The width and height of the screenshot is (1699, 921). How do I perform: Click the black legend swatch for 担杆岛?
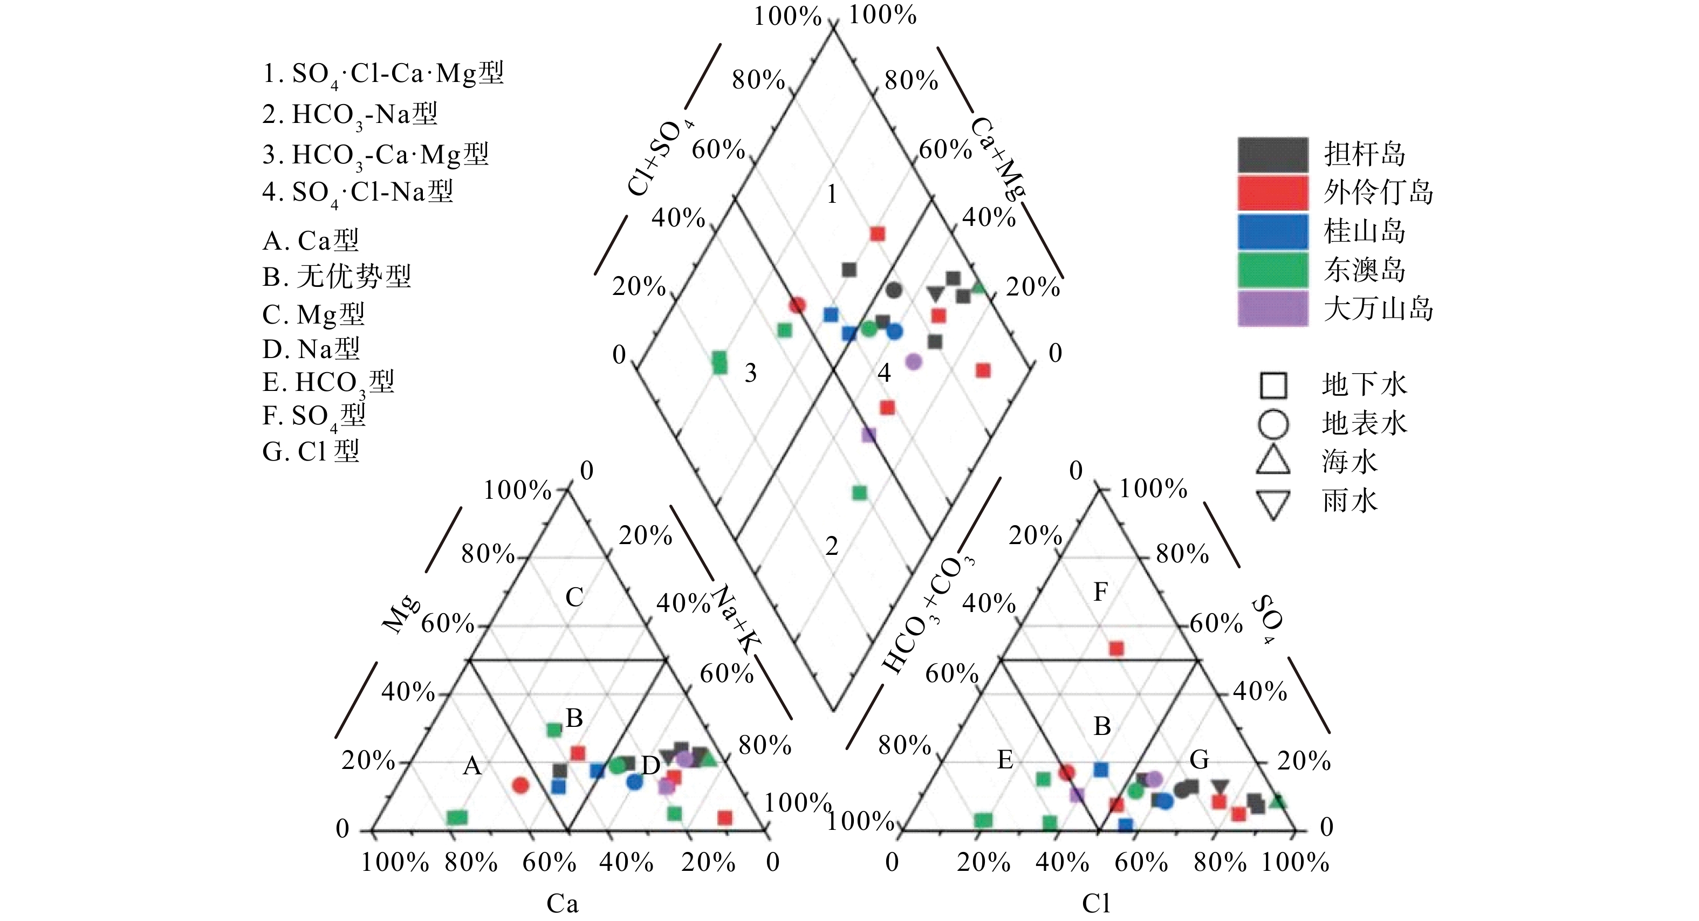coord(1272,155)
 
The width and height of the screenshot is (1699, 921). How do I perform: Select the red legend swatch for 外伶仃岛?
coord(1272,193)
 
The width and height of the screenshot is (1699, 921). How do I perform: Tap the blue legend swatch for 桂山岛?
coord(1272,231)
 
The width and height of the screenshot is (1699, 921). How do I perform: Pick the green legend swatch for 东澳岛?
coord(1272,270)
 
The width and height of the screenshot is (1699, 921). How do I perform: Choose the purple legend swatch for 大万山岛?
coord(1272,308)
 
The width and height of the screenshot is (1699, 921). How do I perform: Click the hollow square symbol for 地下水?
coord(1273,386)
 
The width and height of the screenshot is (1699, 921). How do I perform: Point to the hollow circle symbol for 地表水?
coord(1273,424)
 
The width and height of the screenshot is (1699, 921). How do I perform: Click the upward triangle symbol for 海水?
coord(1273,462)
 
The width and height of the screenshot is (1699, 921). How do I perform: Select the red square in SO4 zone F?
coord(1116,649)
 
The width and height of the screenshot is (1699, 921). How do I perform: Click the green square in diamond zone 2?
coord(859,492)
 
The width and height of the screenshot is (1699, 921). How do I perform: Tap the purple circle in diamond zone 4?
coord(914,361)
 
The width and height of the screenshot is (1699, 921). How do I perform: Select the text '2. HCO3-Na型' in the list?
coord(350,115)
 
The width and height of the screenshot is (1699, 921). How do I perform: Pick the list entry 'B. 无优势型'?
coord(337,277)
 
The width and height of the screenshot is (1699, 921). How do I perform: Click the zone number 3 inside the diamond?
coord(751,374)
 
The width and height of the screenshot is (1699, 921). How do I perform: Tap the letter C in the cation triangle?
coord(574,597)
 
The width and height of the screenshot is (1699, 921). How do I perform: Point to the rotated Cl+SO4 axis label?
coord(660,158)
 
